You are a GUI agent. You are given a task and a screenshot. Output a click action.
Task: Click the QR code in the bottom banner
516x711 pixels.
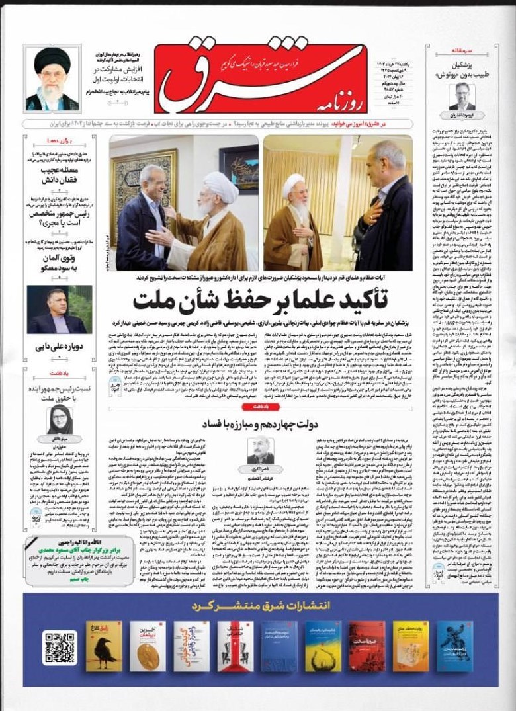pyautogui.click(x=58, y=647)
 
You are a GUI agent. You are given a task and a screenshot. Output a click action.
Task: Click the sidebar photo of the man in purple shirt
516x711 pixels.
pyautogui.click(x=60, y=310)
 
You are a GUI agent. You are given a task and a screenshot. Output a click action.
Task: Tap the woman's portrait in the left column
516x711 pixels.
pyautogui.click(x=60, y=420)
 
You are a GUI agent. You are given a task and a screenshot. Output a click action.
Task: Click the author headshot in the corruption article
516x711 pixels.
pyautogui.click(x=260, y=450)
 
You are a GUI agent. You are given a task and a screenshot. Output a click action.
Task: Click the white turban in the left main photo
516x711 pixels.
pyautogui.click(x=220, y=187)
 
